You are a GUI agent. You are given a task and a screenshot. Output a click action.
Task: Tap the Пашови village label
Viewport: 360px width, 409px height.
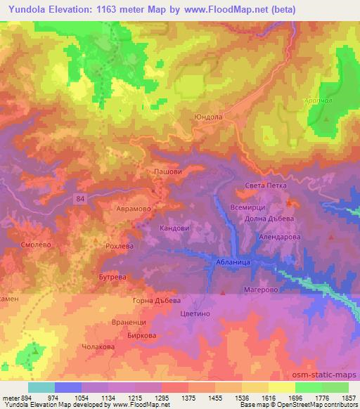pos(167,171)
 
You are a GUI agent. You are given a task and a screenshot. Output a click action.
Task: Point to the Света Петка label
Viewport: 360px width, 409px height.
pos(265,186)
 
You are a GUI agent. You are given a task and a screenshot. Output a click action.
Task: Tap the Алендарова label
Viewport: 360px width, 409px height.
pos(279,237)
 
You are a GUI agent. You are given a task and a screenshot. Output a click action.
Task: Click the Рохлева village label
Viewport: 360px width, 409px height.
pos(120,247)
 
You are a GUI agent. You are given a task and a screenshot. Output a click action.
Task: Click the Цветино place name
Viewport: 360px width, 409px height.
pos(195,317)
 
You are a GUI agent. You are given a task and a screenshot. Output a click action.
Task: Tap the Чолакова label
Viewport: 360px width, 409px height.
pos(99,346)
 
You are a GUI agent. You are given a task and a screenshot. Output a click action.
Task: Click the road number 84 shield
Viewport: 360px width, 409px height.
pos(81,200)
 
